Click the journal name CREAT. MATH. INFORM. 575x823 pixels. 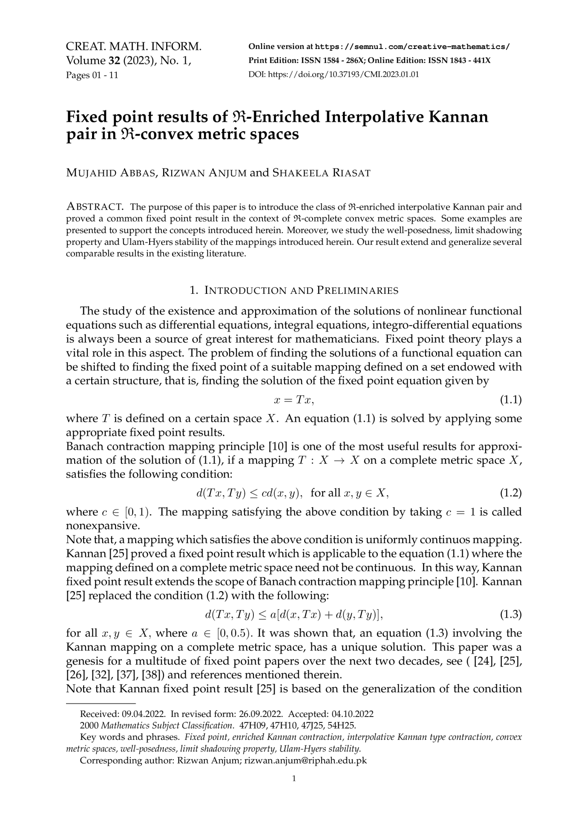[x=133, y=47]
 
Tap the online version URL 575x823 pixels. [x=412, y=47]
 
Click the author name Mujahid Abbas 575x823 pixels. [x=111, y=173]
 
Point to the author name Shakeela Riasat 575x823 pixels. [x=321, y=173]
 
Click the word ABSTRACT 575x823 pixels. [x=95, y=207]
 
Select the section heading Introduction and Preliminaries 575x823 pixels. [x=294, y=290]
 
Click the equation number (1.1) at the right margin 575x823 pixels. [x=511, y=400]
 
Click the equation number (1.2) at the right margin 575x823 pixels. [x=511, y=493]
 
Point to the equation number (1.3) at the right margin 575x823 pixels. [x=511, y=614]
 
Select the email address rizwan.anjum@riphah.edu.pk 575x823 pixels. [x=305, y=761]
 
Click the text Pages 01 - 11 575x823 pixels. [x=92, y=75]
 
